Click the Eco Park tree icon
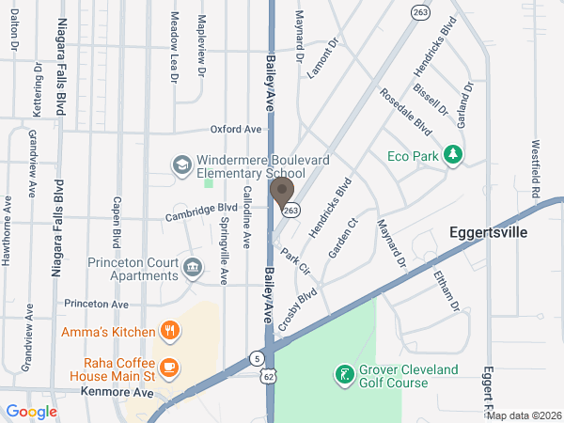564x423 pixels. (453, 154)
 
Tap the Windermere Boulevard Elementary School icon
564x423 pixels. (180, 165)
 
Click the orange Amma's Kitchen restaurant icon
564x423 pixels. (169, 331)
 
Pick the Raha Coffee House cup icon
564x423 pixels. (169, 367)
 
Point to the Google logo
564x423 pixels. (31, 412)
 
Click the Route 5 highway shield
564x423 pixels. (257, 357)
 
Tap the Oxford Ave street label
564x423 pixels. (235, 129)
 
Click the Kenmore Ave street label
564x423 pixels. (117, 391)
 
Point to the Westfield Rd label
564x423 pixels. (535, 170)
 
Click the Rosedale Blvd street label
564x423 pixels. (405, 111)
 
